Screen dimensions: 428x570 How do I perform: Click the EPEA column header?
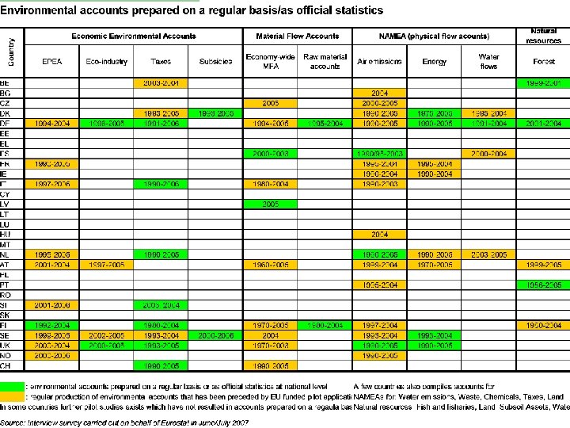pos(51,61)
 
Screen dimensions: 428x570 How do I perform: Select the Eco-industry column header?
pos(105,61)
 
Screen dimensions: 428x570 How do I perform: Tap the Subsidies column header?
pos(215,61)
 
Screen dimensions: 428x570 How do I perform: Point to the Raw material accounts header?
pos(325,61)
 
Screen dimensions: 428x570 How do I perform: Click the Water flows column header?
pos(488,61)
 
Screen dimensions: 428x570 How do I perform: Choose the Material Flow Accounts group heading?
pos(298,36)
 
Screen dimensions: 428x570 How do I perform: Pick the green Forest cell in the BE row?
pos(543,82)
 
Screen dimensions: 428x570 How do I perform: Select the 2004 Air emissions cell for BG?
pos(379,93)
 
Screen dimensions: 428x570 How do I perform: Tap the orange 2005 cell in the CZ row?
pos(270,103)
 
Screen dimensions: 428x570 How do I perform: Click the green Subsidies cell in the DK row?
pos(215,113)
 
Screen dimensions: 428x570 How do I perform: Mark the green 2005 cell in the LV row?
pos(270,204)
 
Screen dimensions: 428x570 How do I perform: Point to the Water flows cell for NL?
pos(488,254)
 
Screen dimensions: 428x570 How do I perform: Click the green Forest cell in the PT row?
pos(543,285)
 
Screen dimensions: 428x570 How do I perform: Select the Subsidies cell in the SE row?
pos(215,335)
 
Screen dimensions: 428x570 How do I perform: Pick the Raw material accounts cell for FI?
pos(325,325)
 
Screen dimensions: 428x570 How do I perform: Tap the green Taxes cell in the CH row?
pos(161,365)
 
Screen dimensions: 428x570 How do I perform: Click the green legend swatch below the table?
pos(12,386)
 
